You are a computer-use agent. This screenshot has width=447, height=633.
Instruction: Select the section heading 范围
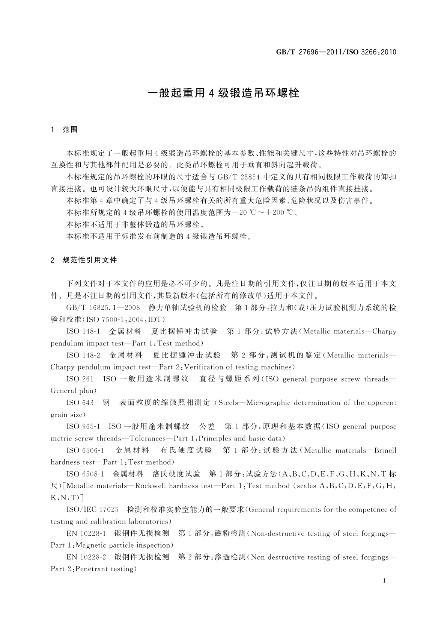click(70, 130)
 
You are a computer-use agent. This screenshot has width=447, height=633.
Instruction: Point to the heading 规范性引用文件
click(90, 260)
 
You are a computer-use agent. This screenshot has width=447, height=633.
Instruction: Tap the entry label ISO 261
click(80, 379)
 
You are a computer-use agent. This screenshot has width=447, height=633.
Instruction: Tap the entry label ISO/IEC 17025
click(92, 510)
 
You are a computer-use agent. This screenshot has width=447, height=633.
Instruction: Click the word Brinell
click(385, 450)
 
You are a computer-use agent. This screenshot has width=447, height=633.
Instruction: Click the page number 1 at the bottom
click(384, 581)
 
